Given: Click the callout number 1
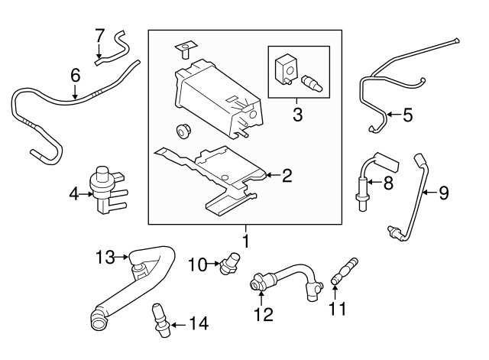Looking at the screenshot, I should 247,242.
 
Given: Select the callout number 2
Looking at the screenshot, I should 287,177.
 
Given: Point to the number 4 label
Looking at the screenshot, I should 74,194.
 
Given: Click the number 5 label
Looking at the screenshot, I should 406,116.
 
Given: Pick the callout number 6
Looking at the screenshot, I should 75,76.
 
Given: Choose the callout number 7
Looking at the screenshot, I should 99,35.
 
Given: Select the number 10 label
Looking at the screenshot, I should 197,264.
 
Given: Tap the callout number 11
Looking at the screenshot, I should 337,310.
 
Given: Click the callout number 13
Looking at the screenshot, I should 104,256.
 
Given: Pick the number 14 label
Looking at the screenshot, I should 198,324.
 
